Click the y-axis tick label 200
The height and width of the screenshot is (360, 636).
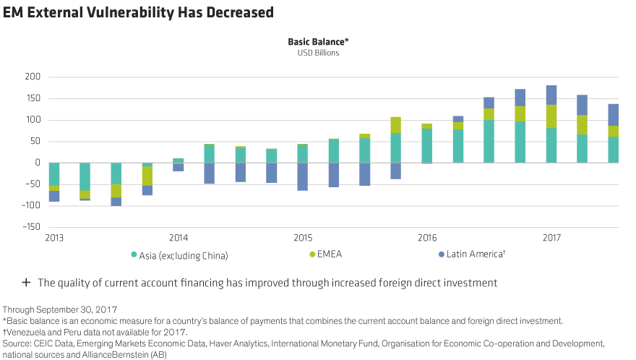(x=32, y=77)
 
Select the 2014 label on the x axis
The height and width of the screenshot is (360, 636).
(x=179, y=238)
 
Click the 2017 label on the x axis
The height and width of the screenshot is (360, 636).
(x=551, y=238)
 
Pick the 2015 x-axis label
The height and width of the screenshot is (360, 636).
(x=303, y=238)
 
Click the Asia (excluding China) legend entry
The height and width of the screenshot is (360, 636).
(x=181, y=254)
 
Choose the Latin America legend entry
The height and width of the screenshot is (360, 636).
(x=473, y=254)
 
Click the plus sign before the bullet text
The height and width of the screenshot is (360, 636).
(x=26, y=283)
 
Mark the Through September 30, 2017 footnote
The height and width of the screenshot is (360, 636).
(x=59, y=309)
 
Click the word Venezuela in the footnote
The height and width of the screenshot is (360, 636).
(x=25, y=330)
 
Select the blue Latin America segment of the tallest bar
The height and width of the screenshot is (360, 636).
(x=551, y=95)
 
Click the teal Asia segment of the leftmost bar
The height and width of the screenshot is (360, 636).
(x=54, y=173)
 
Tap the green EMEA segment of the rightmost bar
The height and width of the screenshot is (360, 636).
(x=613, y=131)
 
